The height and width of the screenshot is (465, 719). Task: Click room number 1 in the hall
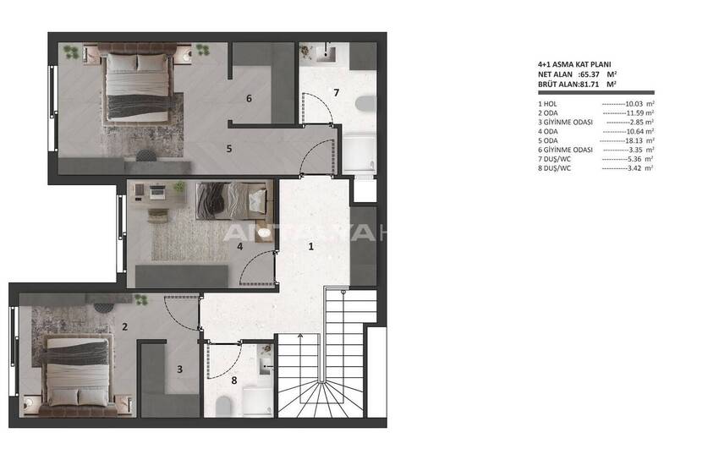(310, 247)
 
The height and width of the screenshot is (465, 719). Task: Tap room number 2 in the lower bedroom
(124, 326)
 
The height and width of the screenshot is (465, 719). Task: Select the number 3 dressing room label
(179, 368)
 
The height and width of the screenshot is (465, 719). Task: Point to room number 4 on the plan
(240, 247)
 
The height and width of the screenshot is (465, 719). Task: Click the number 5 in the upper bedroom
(229, 148)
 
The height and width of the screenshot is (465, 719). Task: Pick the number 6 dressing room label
(249, 98)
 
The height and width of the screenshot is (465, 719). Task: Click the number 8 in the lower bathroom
(234, 380)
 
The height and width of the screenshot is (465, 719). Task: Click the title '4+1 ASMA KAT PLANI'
(574, 63)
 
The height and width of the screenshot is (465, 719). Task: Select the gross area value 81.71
(592, 84)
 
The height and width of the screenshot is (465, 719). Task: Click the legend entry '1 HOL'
(549, 103)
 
